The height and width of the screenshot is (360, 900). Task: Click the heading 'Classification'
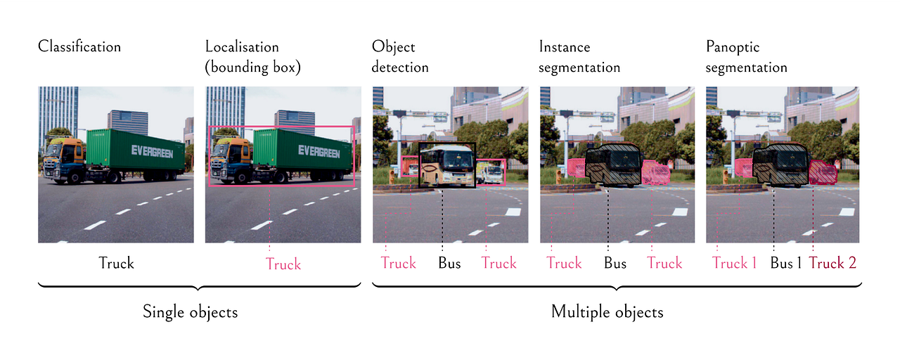(79, 47)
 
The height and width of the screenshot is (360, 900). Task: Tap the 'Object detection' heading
(400, 58)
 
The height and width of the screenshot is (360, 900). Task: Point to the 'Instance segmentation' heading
(579, 58)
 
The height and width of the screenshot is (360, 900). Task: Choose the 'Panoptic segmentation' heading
(746, 58)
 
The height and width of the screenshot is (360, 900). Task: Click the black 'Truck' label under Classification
(116, 264)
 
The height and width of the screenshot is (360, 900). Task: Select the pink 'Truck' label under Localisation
(283, 264)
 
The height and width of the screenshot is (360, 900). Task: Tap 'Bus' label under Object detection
(449, 264)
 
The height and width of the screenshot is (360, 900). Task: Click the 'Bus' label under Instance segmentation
(615, 264)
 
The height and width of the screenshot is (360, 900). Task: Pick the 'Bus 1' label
(786, 264)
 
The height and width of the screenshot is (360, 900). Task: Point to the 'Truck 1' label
(734, 264)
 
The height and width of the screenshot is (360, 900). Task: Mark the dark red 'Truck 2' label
(832, 264)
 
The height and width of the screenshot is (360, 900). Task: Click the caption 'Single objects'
(190, 311)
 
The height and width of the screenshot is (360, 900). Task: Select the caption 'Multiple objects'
(607, 311)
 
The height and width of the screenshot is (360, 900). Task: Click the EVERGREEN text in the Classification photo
(152, 150)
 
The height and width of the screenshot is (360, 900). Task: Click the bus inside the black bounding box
(447, 166)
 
